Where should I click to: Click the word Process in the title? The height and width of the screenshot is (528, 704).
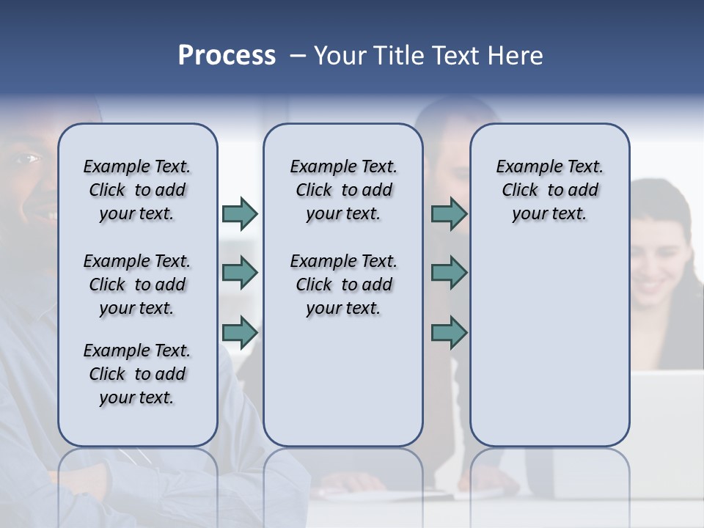pos(227,56)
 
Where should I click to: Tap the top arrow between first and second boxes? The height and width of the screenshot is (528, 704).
pos(240,213)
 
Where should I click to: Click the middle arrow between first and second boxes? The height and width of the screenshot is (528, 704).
pos(240,273)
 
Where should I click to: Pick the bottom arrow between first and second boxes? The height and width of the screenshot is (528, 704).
pos(240,333)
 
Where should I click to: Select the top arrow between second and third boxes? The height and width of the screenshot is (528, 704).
pos(449,213)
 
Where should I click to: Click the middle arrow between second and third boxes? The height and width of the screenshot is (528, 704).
pos(449,273)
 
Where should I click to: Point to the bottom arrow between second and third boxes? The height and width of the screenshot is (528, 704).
pos(449,333)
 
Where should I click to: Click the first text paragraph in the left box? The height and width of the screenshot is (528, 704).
pos(137,190)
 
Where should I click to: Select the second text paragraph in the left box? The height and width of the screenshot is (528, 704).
pos(137,285)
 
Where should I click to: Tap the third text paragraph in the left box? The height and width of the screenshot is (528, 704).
pos(137,374)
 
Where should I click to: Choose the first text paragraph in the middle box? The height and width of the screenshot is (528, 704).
pos(343,190)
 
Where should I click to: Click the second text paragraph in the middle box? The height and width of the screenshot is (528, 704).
pos(343,285)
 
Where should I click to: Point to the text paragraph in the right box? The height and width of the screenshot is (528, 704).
pos(549,190)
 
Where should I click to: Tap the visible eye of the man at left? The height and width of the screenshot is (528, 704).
pos(29,158)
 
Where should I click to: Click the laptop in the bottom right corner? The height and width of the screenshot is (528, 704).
pos(667,411)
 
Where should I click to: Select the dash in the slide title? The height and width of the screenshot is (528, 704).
pos(298,56)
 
